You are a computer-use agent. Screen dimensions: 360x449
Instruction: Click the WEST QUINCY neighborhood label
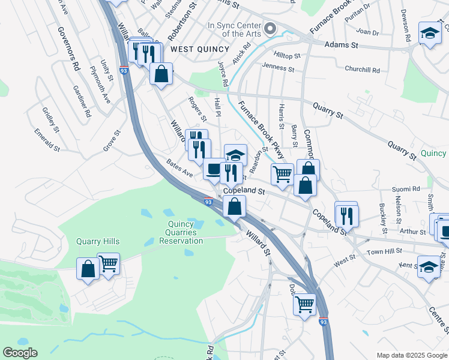[195, 49]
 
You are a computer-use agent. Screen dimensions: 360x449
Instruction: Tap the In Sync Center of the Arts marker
[270, 28]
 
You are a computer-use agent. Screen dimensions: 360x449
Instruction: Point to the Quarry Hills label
[98, 241]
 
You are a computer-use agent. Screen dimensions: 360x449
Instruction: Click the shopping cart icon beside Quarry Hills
[109, 263]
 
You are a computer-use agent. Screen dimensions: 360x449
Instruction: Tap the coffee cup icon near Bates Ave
[214, 169]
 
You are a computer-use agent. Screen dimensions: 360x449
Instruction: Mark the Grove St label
[112, 140]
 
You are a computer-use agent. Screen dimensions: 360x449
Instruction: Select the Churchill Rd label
[362, 70]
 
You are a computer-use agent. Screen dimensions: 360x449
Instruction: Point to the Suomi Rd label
[405, 189]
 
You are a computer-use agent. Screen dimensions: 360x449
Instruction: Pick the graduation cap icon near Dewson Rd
[430, 34]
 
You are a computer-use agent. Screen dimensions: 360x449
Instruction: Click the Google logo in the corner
[20, 353]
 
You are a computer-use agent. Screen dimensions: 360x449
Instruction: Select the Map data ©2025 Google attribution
[412, 355]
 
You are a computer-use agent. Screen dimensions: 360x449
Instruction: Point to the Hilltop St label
[287, 55]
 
